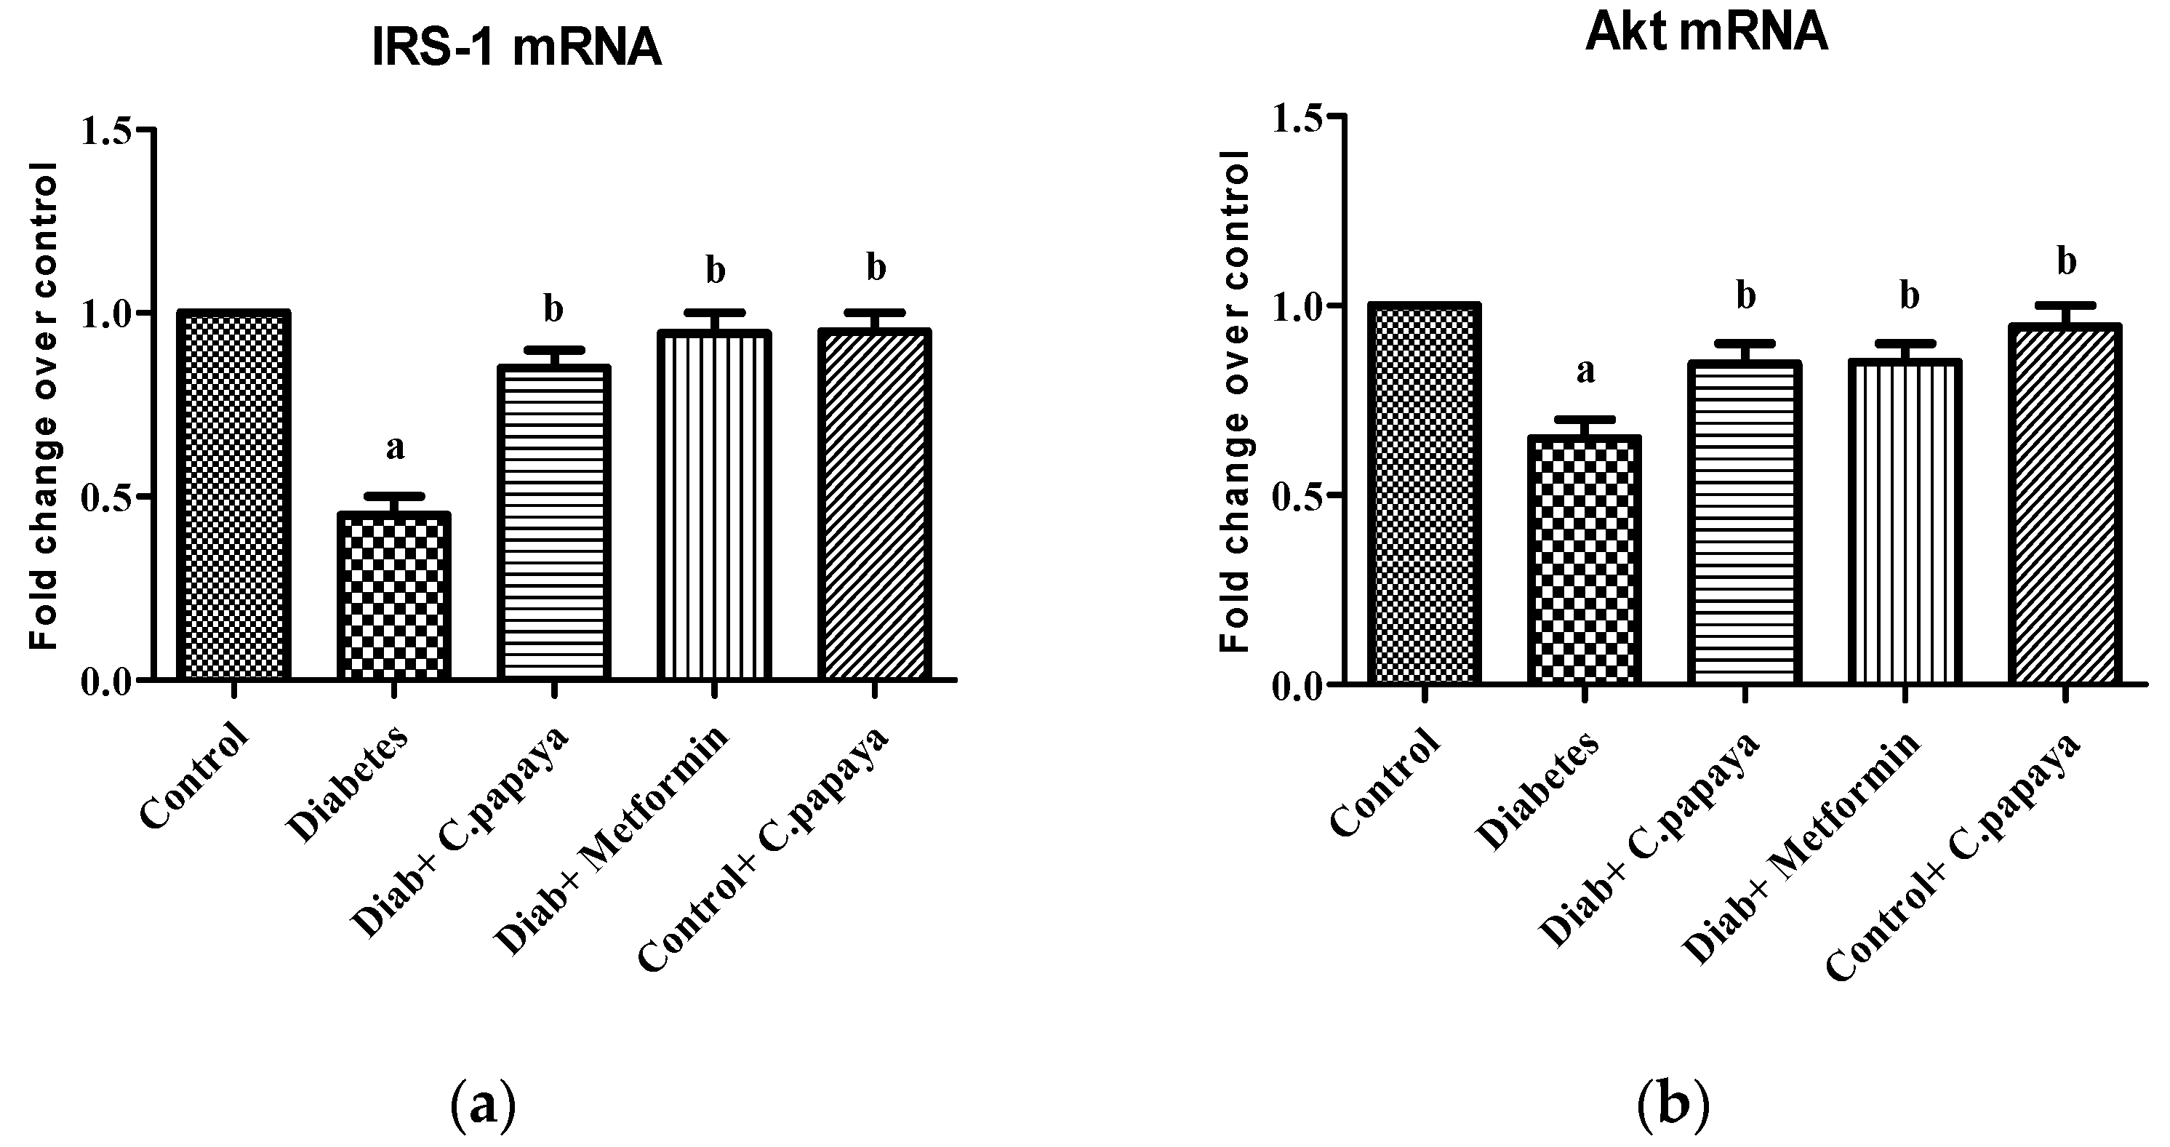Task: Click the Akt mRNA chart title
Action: (x=1706, y=33)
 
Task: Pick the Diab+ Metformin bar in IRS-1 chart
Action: (x=713, y=505)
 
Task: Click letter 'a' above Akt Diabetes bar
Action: (x=1585, y=372)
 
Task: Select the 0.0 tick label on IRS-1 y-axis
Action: (x=107, y=681)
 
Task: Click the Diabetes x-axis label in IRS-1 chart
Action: (x=348, y=785)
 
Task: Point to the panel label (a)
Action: (x=483, y=1106)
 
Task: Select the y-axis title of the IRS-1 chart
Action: (x=44, y=405)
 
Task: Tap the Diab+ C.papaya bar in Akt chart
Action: (x=1745, y=522)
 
